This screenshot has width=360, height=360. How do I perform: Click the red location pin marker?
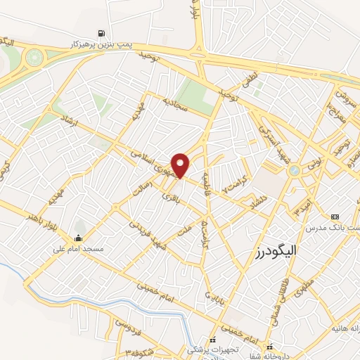point(182,165)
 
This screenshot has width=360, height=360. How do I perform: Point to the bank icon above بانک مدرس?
point(334,217)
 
